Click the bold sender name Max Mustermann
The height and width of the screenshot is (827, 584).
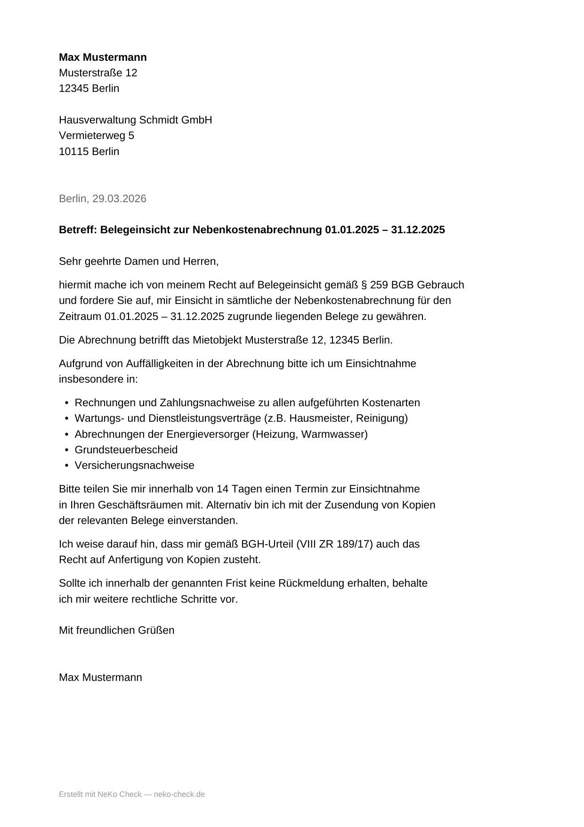point(103,57)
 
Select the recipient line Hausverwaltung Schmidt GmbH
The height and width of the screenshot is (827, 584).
point(135,120)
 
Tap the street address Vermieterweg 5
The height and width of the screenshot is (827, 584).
point(97,136)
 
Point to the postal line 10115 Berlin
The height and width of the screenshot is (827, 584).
point(89,152)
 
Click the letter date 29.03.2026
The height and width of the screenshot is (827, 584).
point(119,199)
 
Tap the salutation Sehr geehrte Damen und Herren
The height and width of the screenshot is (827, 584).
point(138,262)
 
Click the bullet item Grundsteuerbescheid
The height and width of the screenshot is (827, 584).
point(126,450)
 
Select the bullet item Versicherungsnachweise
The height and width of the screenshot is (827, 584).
point(134,466)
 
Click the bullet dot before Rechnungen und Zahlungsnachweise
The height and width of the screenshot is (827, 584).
point(67,403)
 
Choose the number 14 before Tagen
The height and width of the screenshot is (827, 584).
point(222,489)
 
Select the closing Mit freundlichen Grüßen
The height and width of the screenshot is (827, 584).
point(116,630)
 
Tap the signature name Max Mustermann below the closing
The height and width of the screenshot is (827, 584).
point(100,678)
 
